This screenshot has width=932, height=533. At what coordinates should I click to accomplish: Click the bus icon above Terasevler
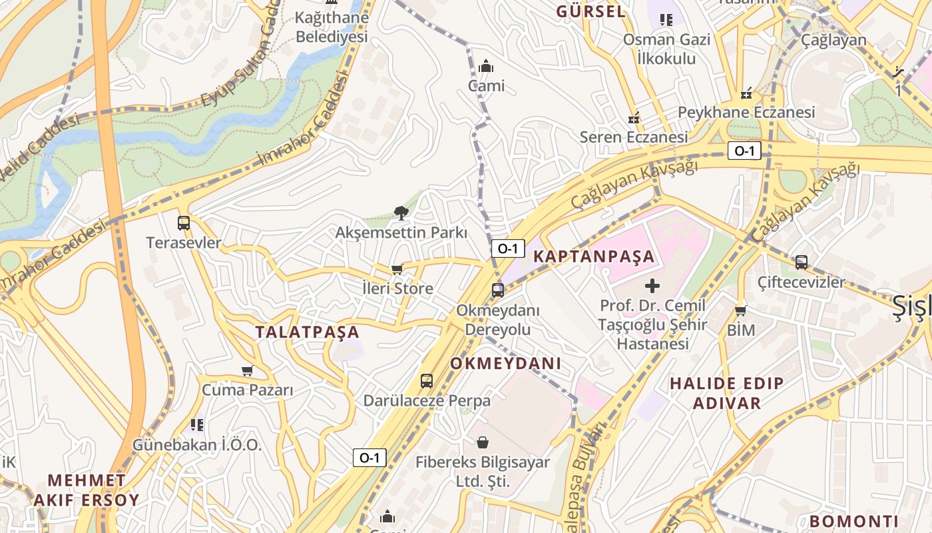(x=184, y=223)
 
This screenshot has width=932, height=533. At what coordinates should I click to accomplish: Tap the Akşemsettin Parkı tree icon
(x=401, y=213)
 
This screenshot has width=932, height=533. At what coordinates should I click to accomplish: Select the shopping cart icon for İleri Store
(x=397, y=269)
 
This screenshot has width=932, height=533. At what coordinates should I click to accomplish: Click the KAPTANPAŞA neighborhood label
(x=594, y=257)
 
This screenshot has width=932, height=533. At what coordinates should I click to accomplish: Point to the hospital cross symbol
(x=652, y=286)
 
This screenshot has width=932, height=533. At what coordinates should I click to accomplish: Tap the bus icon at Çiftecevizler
(x=802, y=263)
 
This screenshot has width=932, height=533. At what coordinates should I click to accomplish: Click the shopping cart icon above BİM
(x=740, y=310)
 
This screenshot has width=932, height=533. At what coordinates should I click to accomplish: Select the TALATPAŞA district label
(x=308, y=332)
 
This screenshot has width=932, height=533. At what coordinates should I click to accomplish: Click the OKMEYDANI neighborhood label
(x=506, y=364)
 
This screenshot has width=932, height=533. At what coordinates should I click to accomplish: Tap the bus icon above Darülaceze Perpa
(x=427, y=381)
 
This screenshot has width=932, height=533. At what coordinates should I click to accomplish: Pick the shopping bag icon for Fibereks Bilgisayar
(x=483, y=442)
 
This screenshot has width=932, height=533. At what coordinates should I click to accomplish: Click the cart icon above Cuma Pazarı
(x=247, y=370)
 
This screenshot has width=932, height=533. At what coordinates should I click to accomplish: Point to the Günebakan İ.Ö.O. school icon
(x=196, y=424)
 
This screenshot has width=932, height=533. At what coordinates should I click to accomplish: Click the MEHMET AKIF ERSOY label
(x=87, y=490)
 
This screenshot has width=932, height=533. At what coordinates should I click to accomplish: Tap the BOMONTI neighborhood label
(x=854, y=522)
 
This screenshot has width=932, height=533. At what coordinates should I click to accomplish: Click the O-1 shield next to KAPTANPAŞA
(x=508, y=249)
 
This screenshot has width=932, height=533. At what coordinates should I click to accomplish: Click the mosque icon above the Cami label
(x=486, y=66)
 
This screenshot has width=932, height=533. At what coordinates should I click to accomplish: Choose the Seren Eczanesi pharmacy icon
(x=634, y=119)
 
